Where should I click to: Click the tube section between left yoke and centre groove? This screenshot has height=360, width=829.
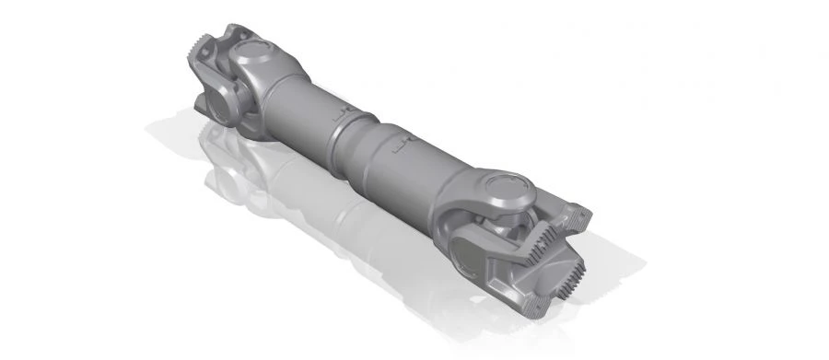click(304, 106)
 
